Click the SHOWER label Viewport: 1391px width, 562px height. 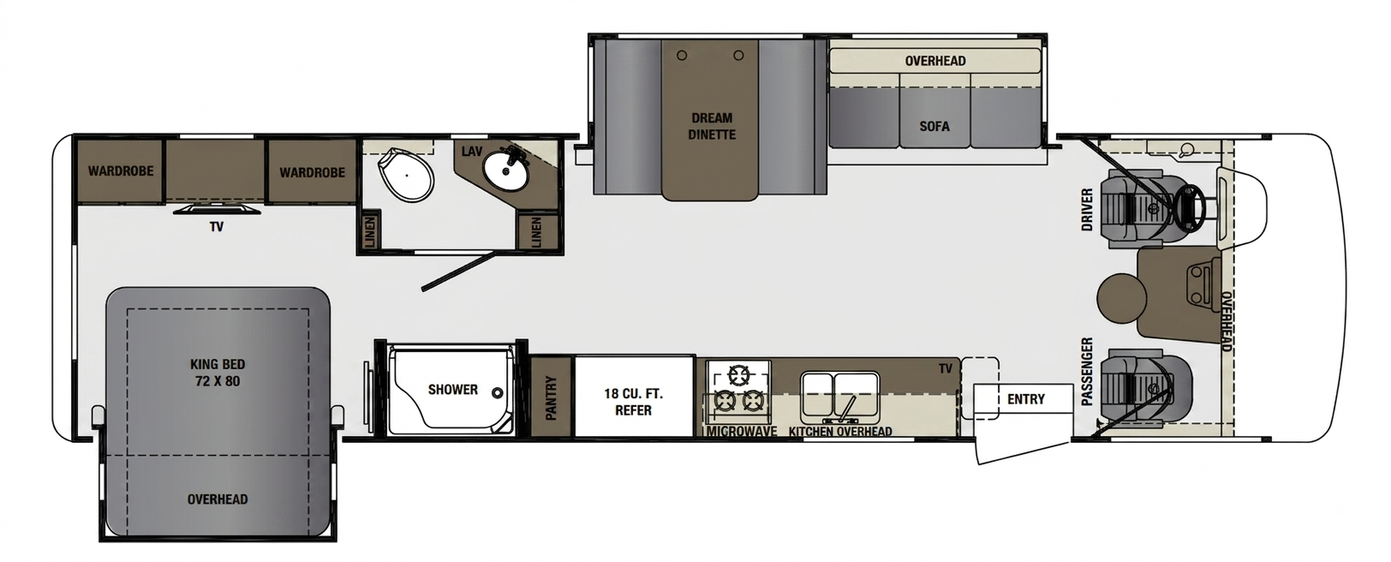(453, 390)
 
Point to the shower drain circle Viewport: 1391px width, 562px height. (498, 393)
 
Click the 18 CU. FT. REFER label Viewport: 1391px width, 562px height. (634, 402)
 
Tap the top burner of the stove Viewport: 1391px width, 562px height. (739, 375)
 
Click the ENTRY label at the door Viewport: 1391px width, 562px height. (1026, 399)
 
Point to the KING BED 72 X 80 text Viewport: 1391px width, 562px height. (218, 373)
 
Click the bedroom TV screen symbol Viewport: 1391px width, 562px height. (216, 209)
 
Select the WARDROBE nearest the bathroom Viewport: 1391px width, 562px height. (312, 171)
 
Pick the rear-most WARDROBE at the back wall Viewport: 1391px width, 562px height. (121, 170)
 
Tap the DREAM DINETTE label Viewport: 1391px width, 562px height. (712, 126)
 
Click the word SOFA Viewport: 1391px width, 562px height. (934, 127)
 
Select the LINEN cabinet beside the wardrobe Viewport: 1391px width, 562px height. (369, 231)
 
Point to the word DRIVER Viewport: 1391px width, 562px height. (1087, 210)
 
